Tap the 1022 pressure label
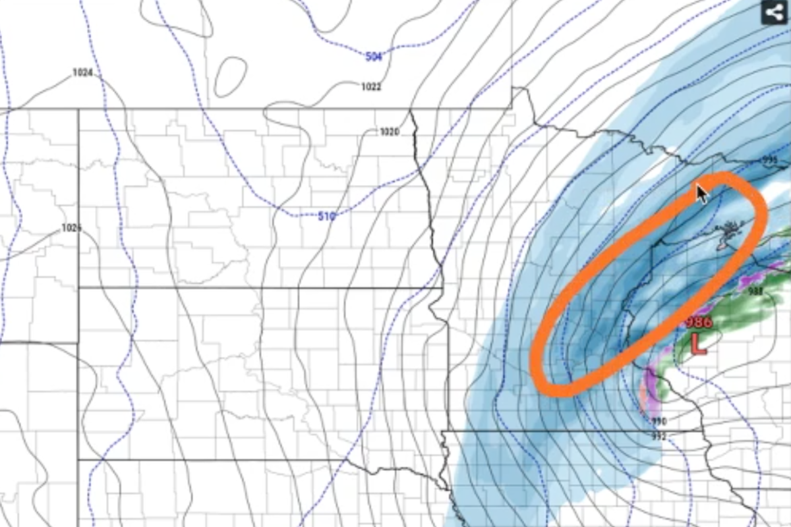pyautogui.click(x=371, y=86)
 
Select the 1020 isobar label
pyautogui.click(x=389, y=132)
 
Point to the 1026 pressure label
pyautogui.click(x=71, y=228)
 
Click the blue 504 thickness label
pyautogui.click(x=374, y=57)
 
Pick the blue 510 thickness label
pyautogui.click(x=326, y=215)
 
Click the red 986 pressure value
pyautogui.click(x=698, y=322)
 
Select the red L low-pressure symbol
pyautogui.click(x=698, y=344)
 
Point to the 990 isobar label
pyautogui.click(x=659, y=422)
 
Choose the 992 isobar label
pyautogui.click(x=659, y=436)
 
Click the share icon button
pyautogui.click(x=775, y=13)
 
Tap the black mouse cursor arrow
pyautogui.click(x=702, y=194)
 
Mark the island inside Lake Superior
pyautogui.click(x=728, y=235)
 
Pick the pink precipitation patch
pyautogui.click(x=644, y=395)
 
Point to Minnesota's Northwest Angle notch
pyautogui.click(x=520, y=92)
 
